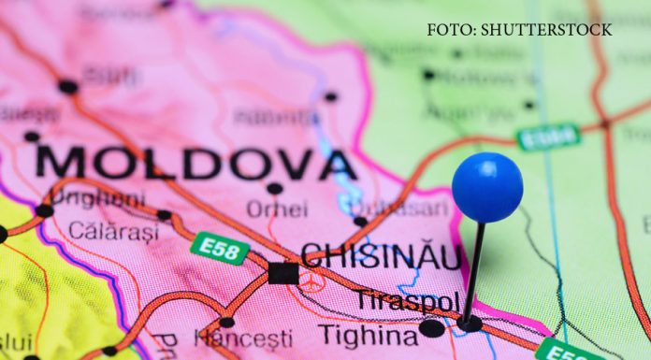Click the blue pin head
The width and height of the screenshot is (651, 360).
pyautogui.click(x=486, y=187)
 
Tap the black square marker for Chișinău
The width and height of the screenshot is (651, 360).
pyautogui.click(x=282, y=273)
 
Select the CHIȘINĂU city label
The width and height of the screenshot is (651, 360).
pyautogui.click(x=381, y=256)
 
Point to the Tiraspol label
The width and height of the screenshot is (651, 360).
pyautogui.click(x=408, y=301)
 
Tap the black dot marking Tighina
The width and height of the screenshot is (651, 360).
pyautogui.click(x=431, y=328)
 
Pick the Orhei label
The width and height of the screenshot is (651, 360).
pyautogui.click(x=277, y=209)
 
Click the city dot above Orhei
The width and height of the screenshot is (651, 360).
pyautogui.click(x=274, y=188)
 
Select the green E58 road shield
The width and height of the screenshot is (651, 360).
pyautogui.click(x=220, y=248)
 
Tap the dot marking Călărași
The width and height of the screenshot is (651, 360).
pyautogui.click(x=165, y=215)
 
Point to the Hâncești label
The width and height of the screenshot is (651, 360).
pyautogui.click(x=243, y=338)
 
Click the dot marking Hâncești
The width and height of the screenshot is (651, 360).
pyautogui.click(x=226, y=322)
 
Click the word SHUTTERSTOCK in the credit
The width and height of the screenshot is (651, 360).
pyautogui.click(x=546, y=30)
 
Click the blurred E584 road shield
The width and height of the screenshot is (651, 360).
pyautogui.click(x=548, y=137)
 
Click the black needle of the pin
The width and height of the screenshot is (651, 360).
pyautogui.click(x=475, y=271)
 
